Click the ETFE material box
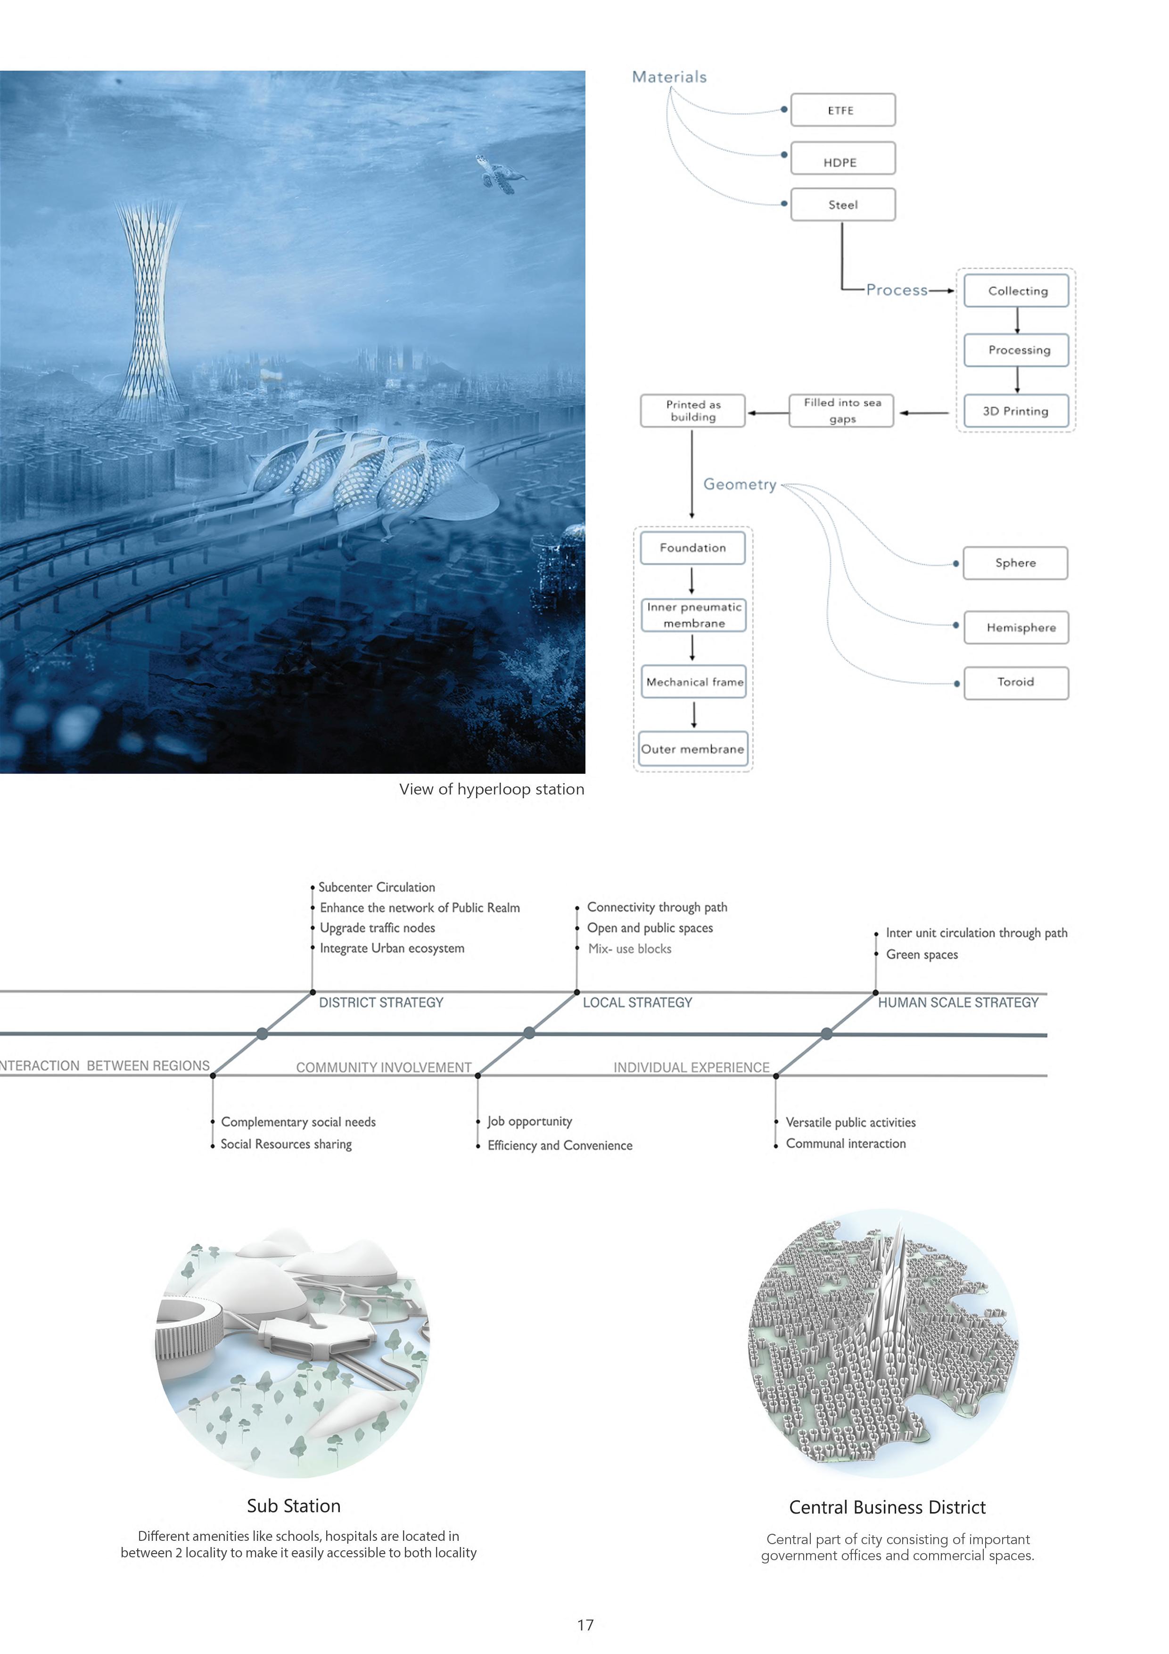842,110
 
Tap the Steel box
842,205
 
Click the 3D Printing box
1016,411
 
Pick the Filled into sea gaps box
841,411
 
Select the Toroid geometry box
1016,682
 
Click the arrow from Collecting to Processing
1017,321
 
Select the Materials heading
669,77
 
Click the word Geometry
740,484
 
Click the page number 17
585,1624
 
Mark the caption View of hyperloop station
491,790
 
